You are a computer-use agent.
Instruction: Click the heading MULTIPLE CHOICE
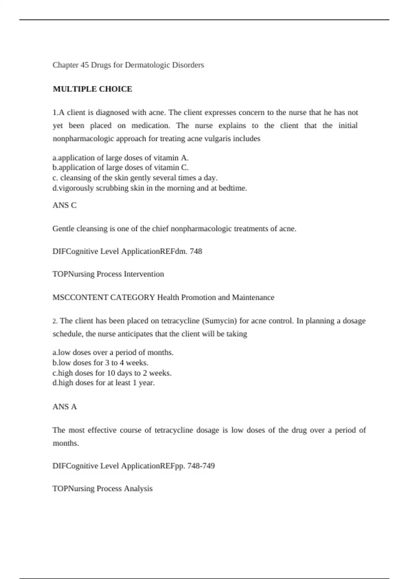(x=92, y=89)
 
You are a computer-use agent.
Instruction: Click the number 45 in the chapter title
(x=85, y=65)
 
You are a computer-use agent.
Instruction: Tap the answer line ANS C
(x=64, y=205)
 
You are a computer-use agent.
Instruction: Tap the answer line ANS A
(x=64, y=407)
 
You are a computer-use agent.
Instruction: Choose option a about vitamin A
(x=120, y=158)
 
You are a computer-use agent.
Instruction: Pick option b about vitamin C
(x=120, y=168)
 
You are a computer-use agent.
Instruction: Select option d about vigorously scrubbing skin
(x=150, y=188)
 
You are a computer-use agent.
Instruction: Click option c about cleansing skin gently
(x=135, y=178)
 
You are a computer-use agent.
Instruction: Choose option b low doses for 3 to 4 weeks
(x=101, y=362)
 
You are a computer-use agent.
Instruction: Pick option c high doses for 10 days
(x=112, y=373)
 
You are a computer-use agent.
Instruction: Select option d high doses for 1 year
(x=104, y=383)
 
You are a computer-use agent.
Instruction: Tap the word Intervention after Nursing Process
(x=144, y=274)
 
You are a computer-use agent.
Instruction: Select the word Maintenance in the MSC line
(x=253, y=297)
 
